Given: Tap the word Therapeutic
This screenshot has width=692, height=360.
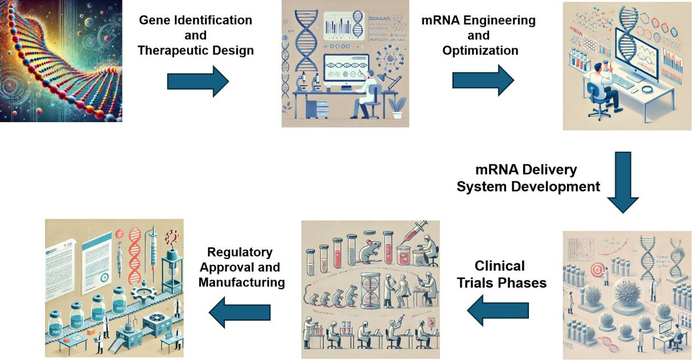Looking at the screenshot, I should coord(174,50).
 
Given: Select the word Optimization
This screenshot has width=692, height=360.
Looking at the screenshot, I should coord(480,50).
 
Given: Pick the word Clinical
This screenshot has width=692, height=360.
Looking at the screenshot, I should coord(499,266).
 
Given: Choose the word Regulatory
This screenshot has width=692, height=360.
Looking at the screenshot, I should coord(240,252).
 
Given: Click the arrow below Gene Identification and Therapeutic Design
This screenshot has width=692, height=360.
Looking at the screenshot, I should coord(197,81).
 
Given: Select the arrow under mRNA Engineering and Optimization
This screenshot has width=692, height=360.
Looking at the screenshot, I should coord(483,80).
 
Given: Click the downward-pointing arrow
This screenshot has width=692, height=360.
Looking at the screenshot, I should coord(622,182).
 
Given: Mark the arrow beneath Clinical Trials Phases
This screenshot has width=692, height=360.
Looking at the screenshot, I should coord(497,310).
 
